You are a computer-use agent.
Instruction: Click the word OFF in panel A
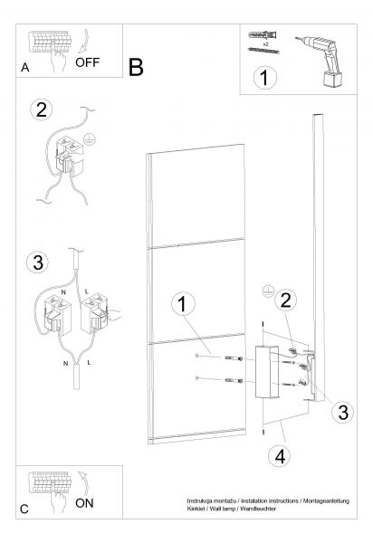(87, 62)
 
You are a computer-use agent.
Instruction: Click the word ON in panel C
(84, 503)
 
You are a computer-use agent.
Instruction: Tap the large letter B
(136, 67)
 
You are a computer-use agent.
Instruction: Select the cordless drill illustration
(320, 61)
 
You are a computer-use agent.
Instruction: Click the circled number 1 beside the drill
(265, 78)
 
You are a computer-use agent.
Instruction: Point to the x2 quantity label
(265, 44)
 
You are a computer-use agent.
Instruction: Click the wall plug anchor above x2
(263, 35)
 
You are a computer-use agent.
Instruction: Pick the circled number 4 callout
(280, 456)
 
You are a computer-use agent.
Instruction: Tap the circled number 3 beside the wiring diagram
(38, 262)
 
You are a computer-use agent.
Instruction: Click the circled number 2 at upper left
(42, 110)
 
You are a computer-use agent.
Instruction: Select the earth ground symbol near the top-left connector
(90, 138)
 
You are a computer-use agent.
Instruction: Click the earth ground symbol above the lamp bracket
(267, 291)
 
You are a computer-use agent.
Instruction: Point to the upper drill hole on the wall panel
(196, 356)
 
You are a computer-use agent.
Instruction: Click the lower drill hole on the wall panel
(196, 377)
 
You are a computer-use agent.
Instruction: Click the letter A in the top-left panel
(25, 68)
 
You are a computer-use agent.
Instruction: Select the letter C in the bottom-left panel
(24, 509)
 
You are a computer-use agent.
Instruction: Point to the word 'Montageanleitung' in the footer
(326, 501)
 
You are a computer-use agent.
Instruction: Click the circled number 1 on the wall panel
(183, 304)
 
